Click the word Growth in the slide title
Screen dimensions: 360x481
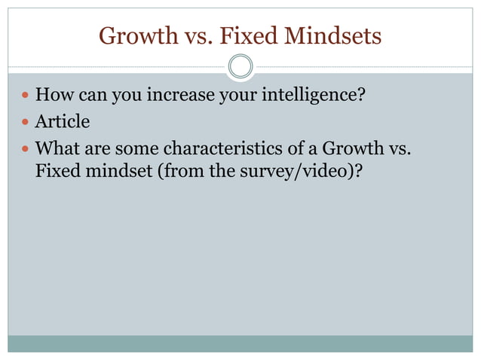(132, 35)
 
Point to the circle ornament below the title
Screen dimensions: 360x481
(240, 67)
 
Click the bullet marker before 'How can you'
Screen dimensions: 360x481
(26, 96)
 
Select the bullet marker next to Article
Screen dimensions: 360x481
(26, 122)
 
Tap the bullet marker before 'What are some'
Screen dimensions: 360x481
(26, 148)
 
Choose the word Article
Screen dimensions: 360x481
(63, 121)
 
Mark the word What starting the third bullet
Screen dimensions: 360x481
(56, 147)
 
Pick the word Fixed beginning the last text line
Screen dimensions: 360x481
(57, 171)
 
